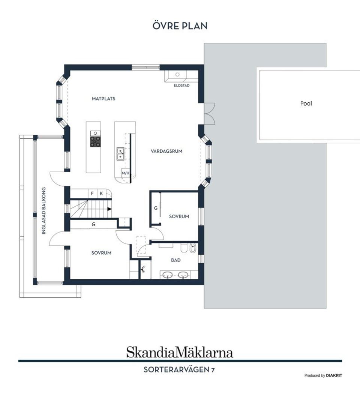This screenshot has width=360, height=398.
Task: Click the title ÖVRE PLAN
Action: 180,26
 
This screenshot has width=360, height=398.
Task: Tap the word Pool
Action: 306,104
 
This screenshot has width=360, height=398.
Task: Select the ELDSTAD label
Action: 181,86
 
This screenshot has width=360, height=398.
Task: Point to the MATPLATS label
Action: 103,99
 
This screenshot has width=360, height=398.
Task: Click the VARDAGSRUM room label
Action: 166,152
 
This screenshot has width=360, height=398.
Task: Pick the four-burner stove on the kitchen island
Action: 96,141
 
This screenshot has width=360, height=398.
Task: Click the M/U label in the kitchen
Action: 125,173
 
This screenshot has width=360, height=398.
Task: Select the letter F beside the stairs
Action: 92,194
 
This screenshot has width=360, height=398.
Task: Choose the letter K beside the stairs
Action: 101,194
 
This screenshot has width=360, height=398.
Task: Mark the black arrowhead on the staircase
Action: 109,209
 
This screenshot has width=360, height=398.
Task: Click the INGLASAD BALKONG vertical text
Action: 44,210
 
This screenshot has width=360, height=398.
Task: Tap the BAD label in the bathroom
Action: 176,260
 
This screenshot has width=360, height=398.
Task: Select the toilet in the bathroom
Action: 183,248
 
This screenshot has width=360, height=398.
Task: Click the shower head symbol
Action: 144,269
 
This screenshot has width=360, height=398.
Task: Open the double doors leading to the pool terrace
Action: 209,113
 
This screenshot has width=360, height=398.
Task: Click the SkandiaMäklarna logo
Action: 180,352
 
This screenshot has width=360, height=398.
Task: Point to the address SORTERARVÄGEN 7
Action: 179,370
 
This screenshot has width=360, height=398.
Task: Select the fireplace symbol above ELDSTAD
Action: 177,75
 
